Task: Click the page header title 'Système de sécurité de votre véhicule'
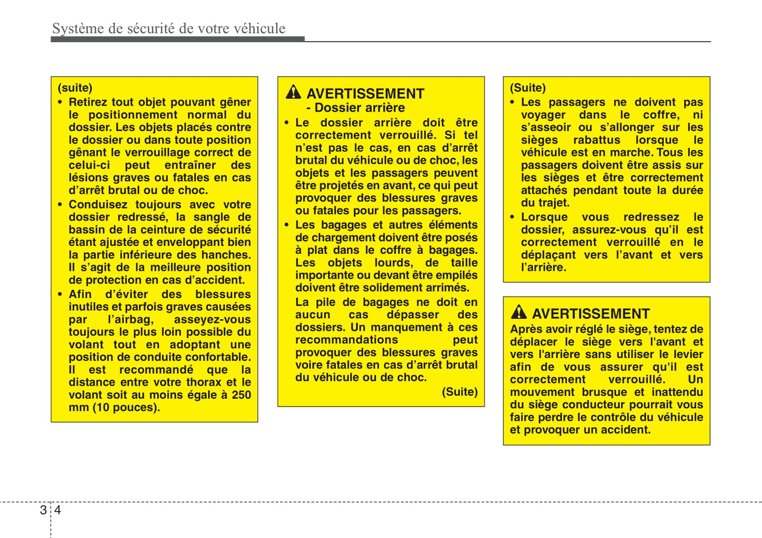[169, 29]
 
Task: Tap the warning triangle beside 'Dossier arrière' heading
[293, 92]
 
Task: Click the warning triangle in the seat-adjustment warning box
[518, 313]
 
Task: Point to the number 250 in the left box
[242, 395]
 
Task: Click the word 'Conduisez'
[98, 204]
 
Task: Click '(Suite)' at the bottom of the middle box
[459, 392]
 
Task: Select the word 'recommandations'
[346, 340]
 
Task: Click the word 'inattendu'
[677, 392]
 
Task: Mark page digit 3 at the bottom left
[43, 510]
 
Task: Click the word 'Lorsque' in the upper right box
[544, 217]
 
